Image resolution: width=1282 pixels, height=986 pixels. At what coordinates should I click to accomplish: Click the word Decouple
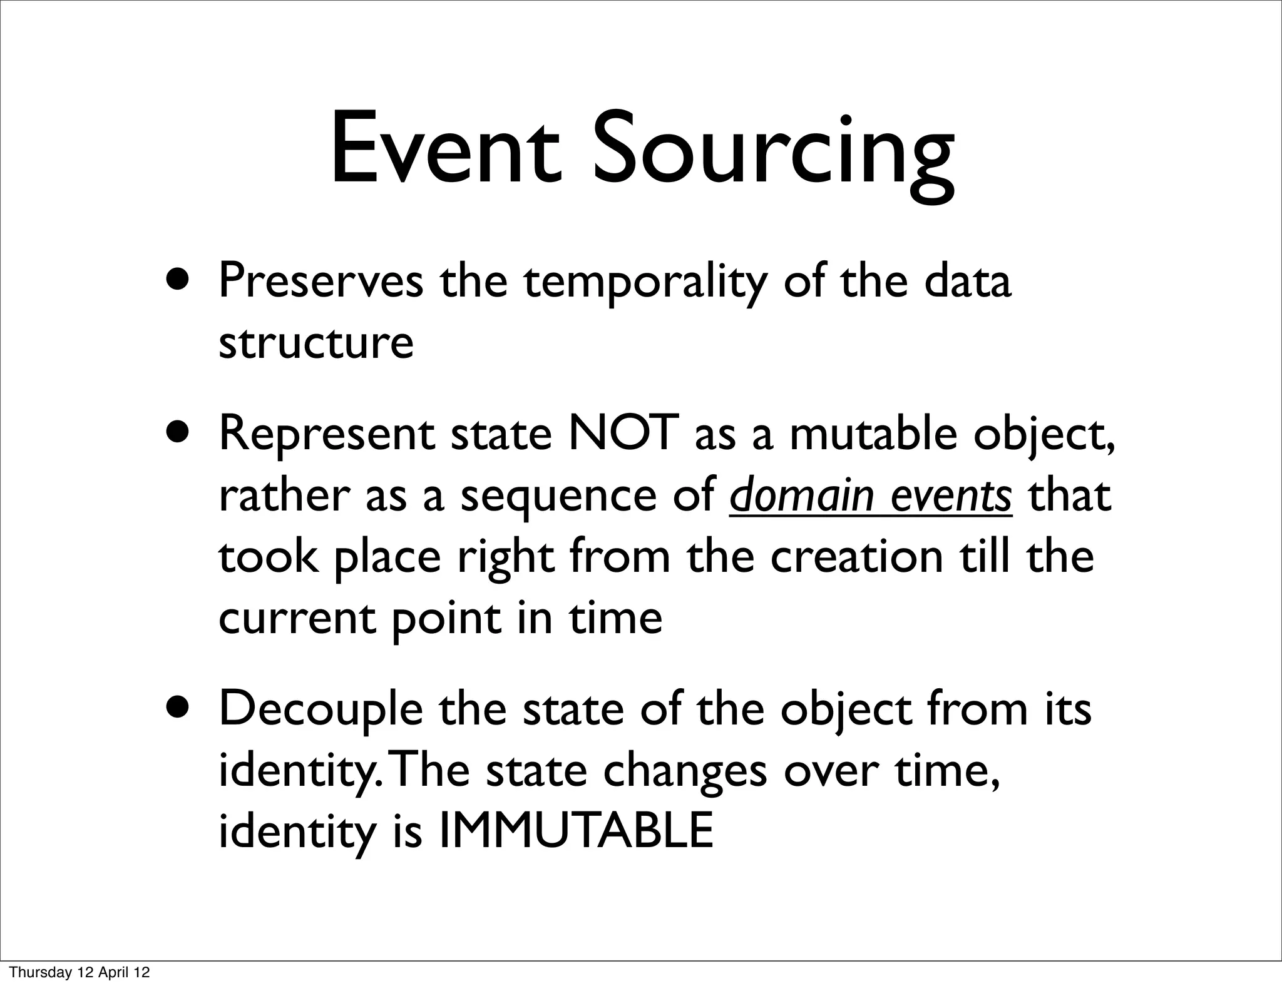pos(320,711)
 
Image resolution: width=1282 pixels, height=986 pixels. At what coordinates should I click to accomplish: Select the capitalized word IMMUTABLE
pos(575,831)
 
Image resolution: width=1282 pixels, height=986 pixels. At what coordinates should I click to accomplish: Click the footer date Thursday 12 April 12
pos(80,972)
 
